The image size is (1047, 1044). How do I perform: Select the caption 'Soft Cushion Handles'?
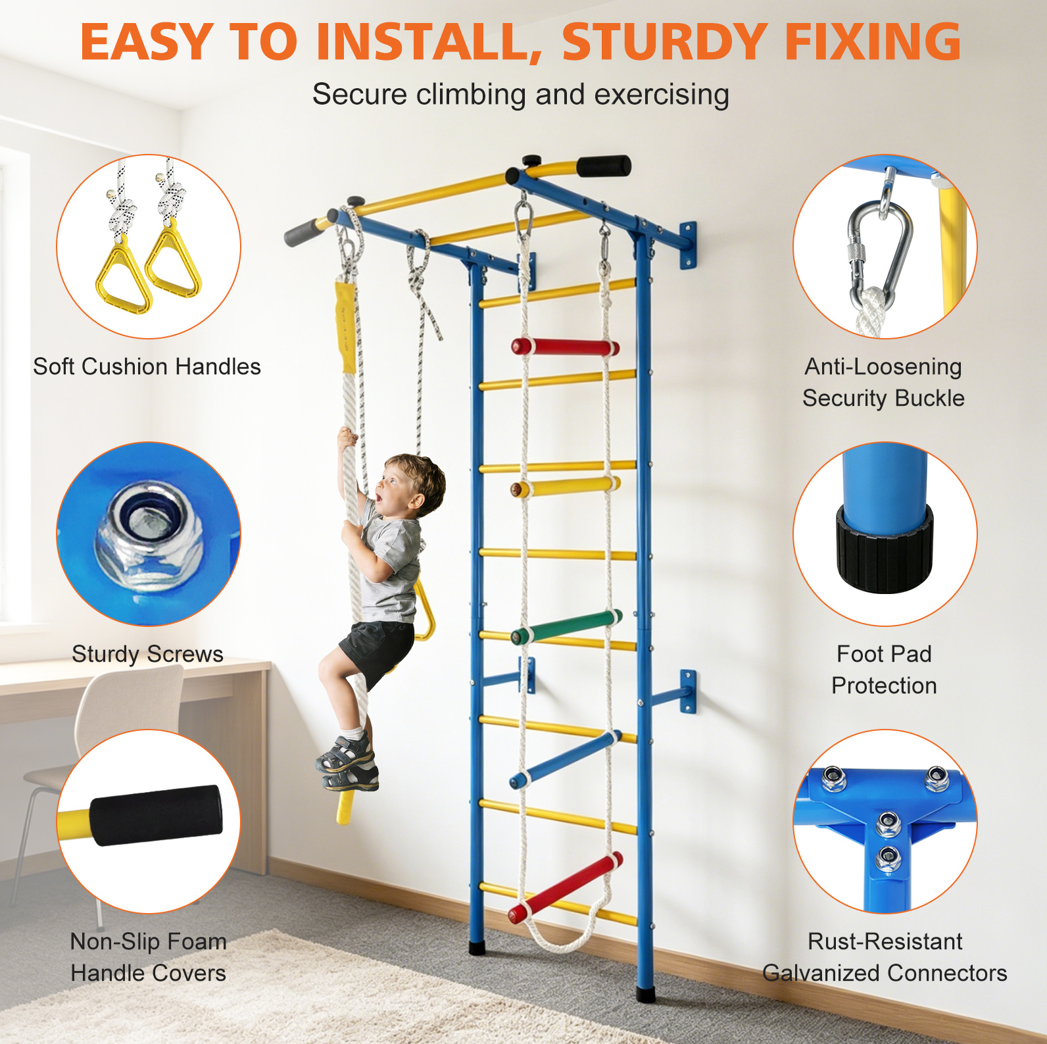[x=147, y=366]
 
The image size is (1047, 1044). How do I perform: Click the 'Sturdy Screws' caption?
[x=147, y=654]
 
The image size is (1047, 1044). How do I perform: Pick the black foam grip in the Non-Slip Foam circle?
[x=156, y=815]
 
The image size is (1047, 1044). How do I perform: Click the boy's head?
[x=408, y=484]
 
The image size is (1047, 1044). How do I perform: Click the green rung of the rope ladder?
[x=566, y=627]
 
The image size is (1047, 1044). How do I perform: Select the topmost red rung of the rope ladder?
[x=566, y=347]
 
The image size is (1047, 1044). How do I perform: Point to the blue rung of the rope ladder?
[x=566, y=760]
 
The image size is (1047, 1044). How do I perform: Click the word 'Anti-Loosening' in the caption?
[x=883, y=366]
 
